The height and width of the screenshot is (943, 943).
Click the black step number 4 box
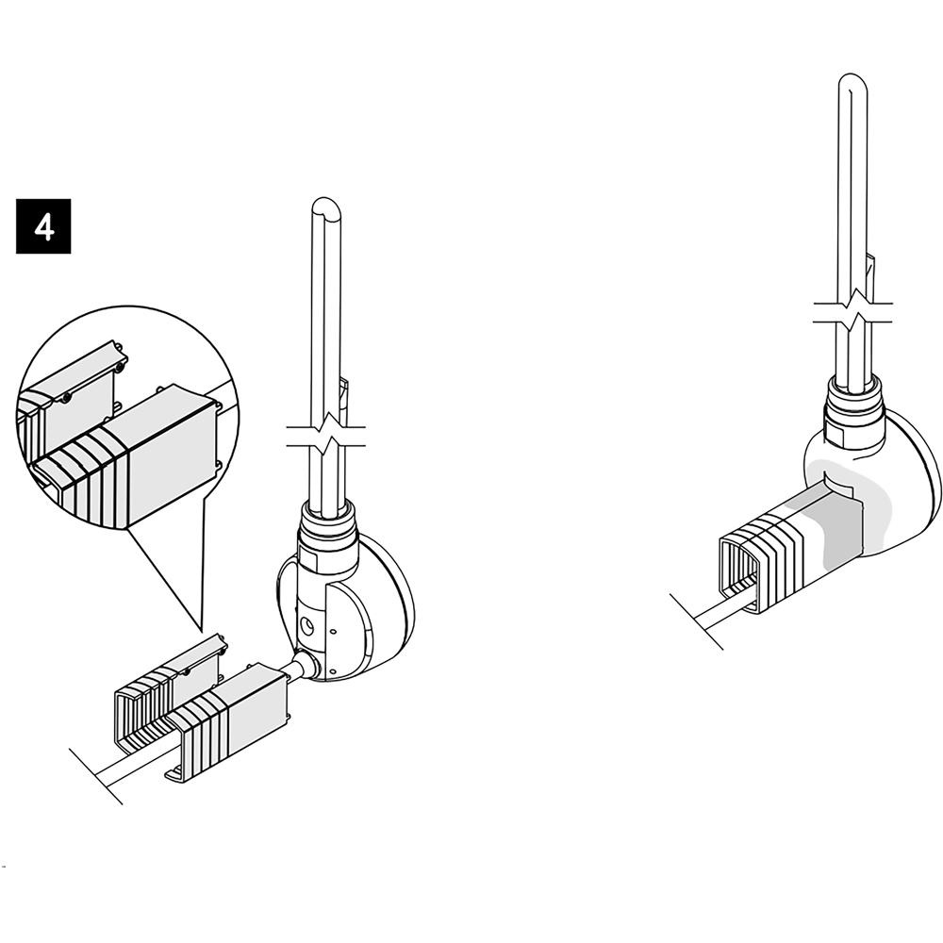tap(43, 226)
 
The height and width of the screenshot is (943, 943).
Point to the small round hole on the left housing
tap(307, 628)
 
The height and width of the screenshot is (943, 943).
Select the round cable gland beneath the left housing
tap(306, 666)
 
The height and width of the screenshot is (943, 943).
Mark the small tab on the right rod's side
tap(870, 271)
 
